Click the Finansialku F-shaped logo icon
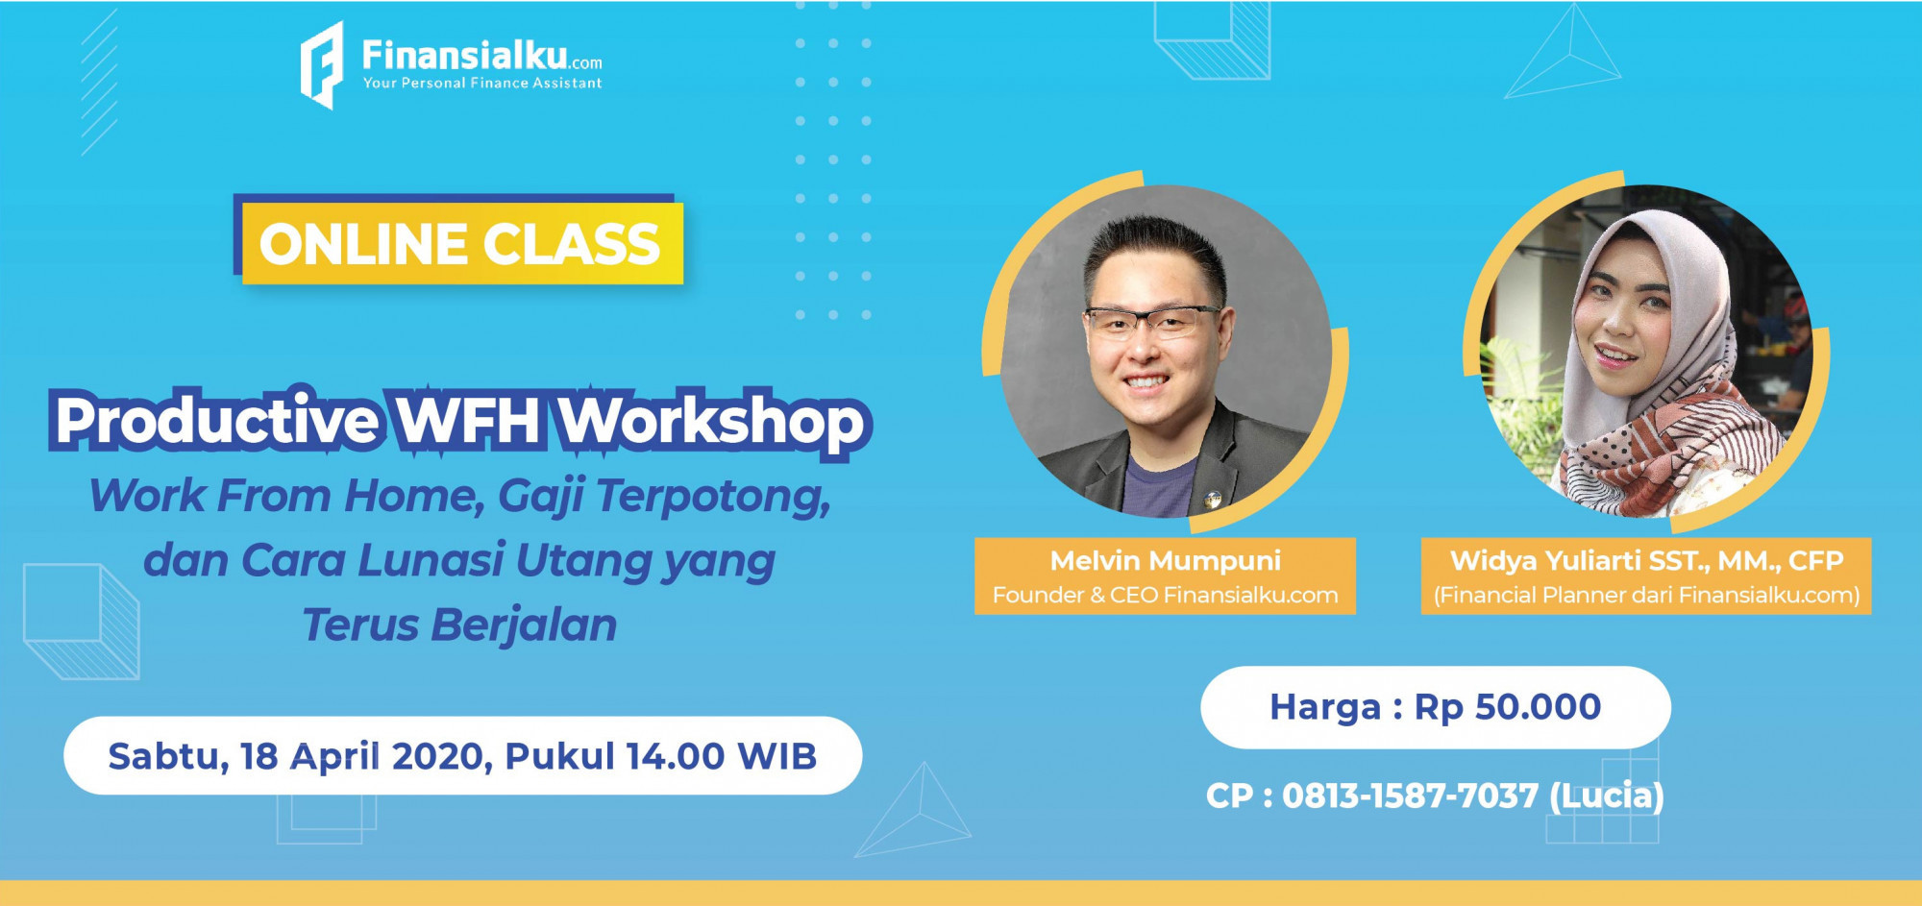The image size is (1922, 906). pos(322,65)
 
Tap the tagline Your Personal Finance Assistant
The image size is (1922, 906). pos(482,84)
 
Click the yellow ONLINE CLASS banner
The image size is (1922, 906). pos(462,243)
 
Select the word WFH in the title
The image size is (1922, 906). pos(468,421)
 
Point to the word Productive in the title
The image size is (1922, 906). pos(217,421)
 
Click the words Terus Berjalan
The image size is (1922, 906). pos(459,625)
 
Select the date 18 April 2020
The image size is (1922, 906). pos(367,756)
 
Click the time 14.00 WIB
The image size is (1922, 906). pos(721,756)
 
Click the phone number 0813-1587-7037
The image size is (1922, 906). pos(1410,796)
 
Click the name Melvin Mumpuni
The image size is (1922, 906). pos(1166,560)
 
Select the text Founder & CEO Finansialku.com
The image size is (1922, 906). pos(1165,596)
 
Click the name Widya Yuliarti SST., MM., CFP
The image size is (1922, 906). pos(1646,560)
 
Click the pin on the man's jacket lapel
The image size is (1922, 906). pos(1213,499)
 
